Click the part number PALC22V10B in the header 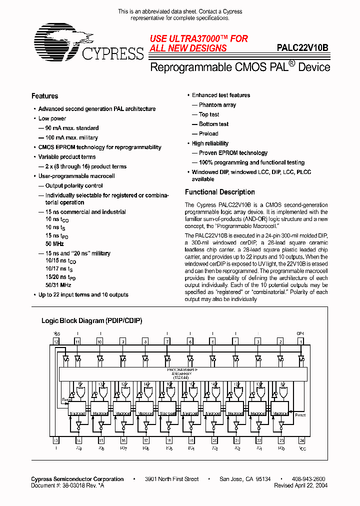click(302, 48)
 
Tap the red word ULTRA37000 click(197, 38)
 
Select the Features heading click(45, 96)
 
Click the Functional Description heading click(220, 192)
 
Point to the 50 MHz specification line click(55, 243)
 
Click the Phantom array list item click(217, 105)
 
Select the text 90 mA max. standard click(72, 128)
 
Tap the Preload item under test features click(208, 133)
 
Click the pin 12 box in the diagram click(56, 341)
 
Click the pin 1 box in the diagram click(301, 341)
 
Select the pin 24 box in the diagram click(301, 440)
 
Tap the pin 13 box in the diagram click(56, 440)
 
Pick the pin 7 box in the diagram click(167, 341)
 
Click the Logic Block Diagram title click(91, 320)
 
